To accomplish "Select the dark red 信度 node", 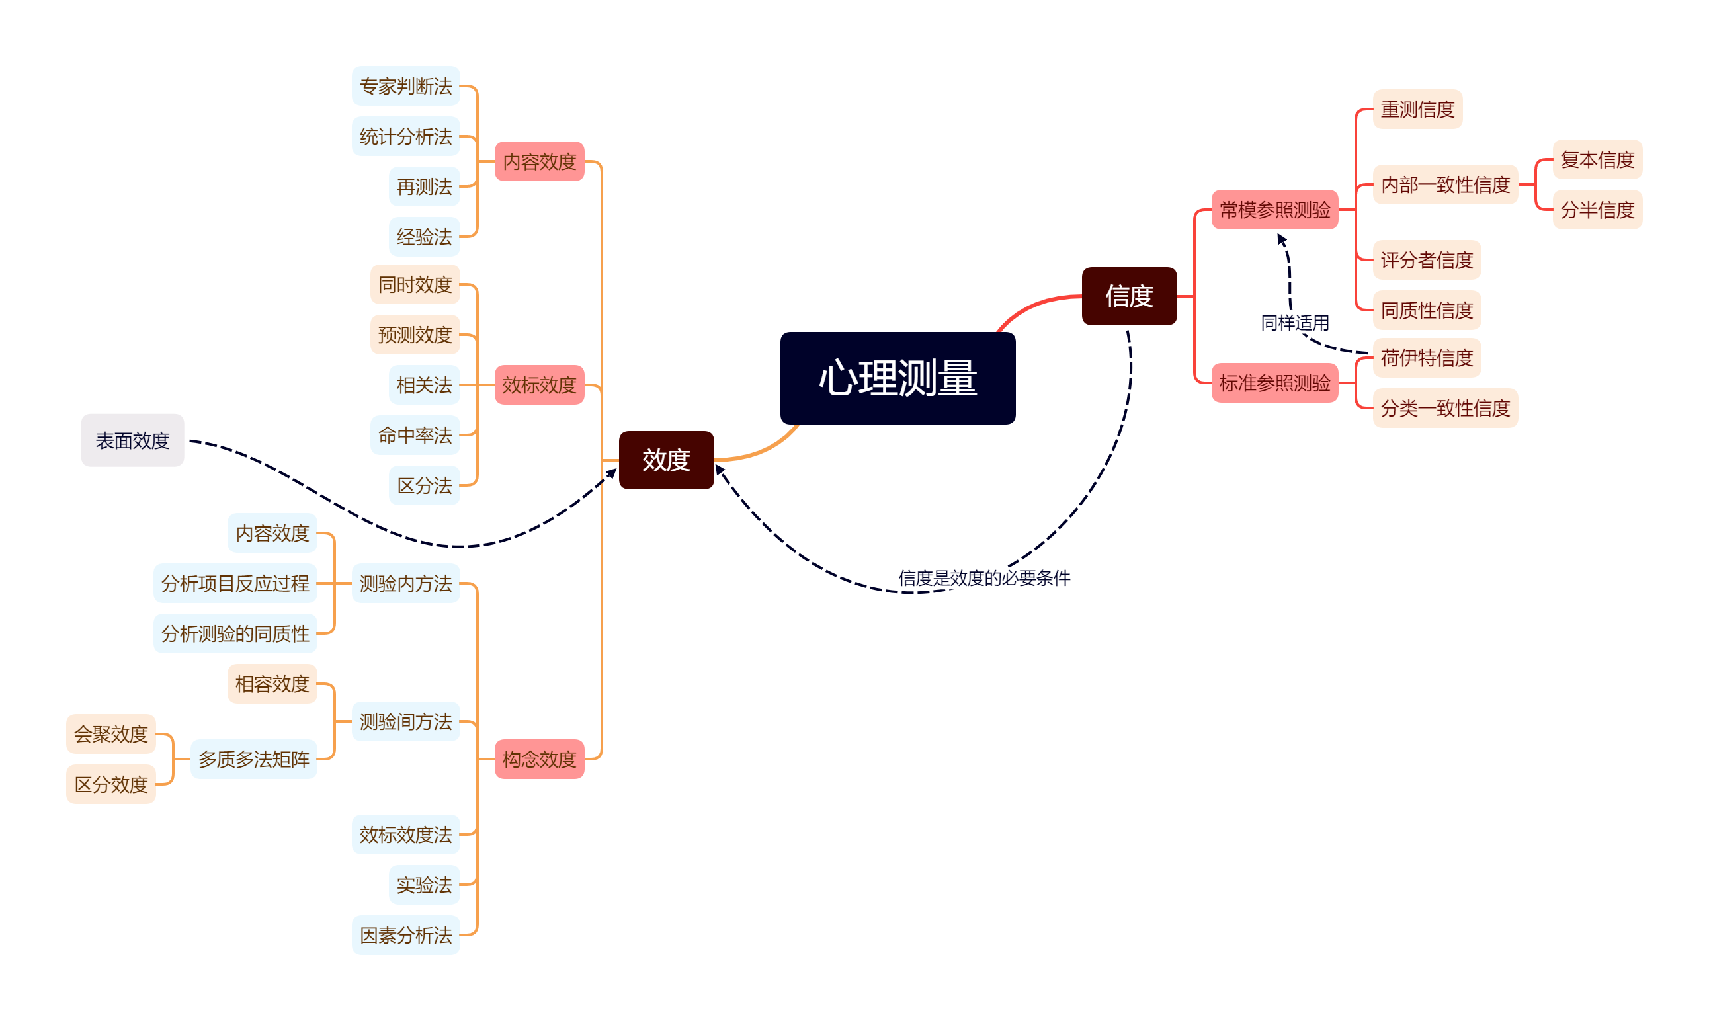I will (1129, 296).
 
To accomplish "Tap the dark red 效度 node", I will (666, 460).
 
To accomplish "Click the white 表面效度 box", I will (132, 440).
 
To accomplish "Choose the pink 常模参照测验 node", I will (1274, 209).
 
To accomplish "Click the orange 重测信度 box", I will (1417, 108).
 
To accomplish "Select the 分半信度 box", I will (1597, 209).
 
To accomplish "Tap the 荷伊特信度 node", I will (1426, 358).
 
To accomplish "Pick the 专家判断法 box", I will (405, 86).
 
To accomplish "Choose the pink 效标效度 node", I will (540, 385).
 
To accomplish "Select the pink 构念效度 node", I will (540, 759).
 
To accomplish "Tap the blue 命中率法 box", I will (415, 435).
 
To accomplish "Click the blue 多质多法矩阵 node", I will (253, 759).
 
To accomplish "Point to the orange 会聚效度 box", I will (110, 734).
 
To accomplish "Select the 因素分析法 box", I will (405, 935).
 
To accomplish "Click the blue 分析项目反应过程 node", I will (235, 583).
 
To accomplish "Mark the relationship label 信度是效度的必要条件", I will (984, 578).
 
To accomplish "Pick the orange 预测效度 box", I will (415, 335).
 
